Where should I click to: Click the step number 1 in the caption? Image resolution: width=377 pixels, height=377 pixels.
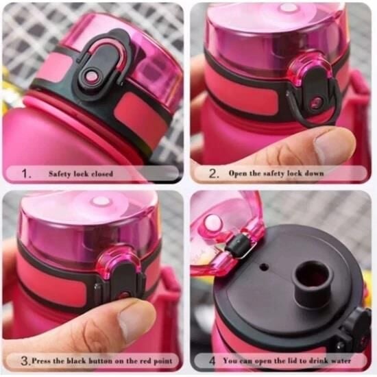26,173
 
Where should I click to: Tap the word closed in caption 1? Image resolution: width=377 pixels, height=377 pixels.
102,173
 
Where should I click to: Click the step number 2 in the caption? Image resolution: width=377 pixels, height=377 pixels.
213,173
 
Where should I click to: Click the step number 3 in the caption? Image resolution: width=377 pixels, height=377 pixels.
25,361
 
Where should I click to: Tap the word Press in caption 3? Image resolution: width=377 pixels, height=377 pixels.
41,361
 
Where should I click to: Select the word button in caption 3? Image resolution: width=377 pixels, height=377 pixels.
101,361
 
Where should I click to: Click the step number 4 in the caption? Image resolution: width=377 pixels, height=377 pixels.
212,361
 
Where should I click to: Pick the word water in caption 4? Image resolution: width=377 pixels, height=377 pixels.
341,361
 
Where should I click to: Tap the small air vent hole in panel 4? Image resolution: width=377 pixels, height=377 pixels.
265,267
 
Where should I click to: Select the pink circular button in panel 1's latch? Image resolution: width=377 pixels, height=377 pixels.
92,77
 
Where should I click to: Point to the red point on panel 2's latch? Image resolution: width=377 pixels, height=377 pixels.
315,103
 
